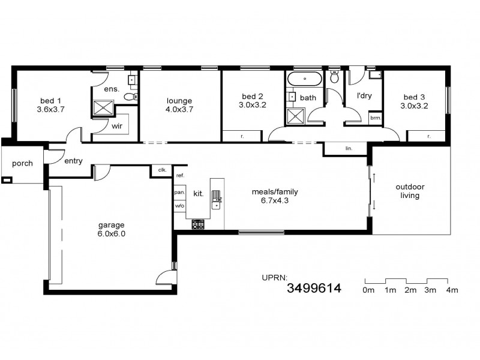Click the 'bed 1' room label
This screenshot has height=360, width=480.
(50, 100)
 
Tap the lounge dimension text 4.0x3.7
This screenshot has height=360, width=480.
(179, 109)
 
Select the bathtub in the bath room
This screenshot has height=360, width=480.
(305, 79)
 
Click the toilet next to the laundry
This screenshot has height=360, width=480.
(335, 77)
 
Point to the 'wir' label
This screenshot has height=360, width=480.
(117, 127)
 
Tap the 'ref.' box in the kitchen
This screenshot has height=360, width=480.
(179, 175)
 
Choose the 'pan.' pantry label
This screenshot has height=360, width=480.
(179, 193)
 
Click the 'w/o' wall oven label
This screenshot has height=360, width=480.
(179, 206)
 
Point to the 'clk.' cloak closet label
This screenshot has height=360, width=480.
(162, 170)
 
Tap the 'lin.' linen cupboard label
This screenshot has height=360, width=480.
(348, 148)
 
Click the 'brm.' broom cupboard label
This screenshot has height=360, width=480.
(375, 119)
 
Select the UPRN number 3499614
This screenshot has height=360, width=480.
(314, 289)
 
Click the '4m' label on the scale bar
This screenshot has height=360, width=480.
(452, 290)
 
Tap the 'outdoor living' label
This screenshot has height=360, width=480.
(407, 191)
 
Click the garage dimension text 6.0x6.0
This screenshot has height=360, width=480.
(112, 235)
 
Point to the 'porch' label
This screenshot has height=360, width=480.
(22, 163)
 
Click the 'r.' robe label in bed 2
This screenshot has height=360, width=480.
(242, 137)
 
